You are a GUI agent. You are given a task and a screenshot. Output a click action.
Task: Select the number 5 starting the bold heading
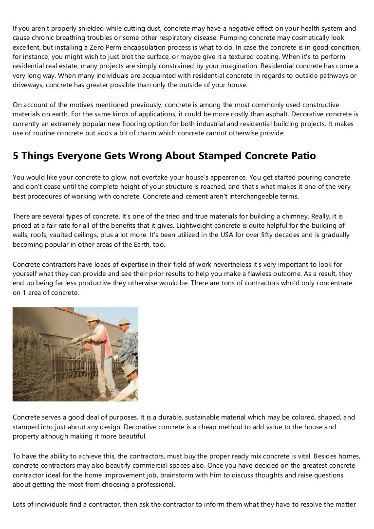(x=16, y=156)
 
